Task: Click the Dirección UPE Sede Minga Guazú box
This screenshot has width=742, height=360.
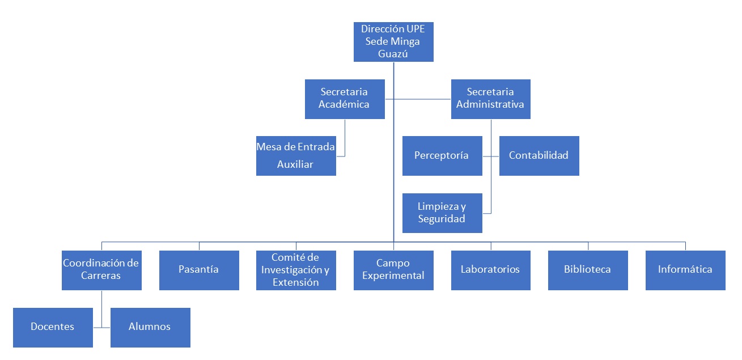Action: [393, 42]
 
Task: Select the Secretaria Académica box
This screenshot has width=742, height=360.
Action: [344, 99]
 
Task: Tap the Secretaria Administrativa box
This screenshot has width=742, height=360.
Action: [490, 99]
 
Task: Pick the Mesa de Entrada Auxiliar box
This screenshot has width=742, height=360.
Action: [296, 156]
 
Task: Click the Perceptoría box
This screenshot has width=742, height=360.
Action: [442, 155]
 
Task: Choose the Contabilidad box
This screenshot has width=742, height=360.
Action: [539, 155]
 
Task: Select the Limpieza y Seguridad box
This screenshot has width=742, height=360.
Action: [442, 213]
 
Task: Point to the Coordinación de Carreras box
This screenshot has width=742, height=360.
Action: [101, 270]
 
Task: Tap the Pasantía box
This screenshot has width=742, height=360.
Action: [198, 270]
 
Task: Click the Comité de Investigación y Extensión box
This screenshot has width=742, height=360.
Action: [296, 270]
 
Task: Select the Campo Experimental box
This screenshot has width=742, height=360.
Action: [393, 270]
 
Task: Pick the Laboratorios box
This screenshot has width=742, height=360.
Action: [490, 270]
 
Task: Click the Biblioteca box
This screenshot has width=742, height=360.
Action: [588, 270]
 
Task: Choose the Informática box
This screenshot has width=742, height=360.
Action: [685, 270]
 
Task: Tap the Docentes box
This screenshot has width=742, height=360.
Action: [53, 327]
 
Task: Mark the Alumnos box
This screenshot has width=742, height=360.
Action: [150, 327]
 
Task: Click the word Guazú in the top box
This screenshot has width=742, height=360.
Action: [393, 54]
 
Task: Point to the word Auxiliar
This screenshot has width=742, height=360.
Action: [295, 164]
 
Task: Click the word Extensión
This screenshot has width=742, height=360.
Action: [295, 282]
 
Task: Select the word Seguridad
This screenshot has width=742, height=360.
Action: [442, 219]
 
